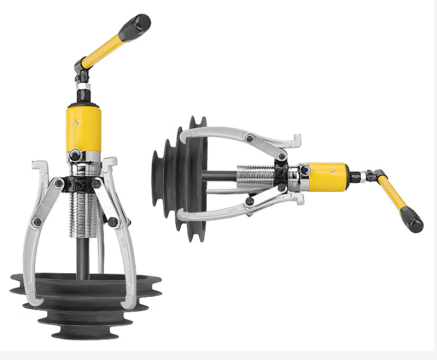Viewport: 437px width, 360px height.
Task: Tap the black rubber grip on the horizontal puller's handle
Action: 412,220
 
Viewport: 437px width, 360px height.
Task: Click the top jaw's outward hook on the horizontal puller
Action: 296,141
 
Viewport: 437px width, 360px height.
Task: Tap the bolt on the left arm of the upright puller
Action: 38,222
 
